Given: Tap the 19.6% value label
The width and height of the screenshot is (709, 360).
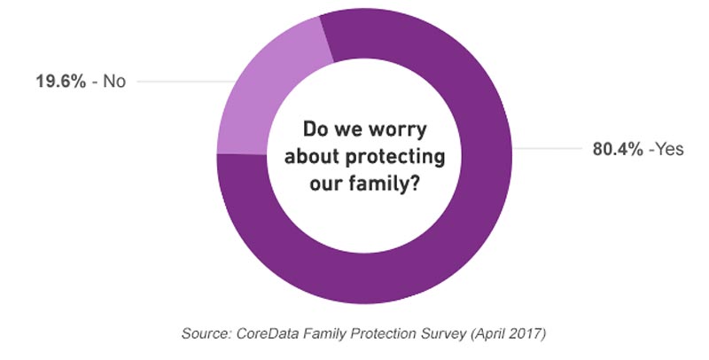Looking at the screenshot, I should coord(58,82).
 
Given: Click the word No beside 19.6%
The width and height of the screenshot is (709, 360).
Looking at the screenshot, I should coord(115,82).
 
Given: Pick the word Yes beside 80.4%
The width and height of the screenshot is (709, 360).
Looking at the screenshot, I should coord(666,149).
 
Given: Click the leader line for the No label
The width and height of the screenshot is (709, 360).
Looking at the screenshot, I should coord(177,82).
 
